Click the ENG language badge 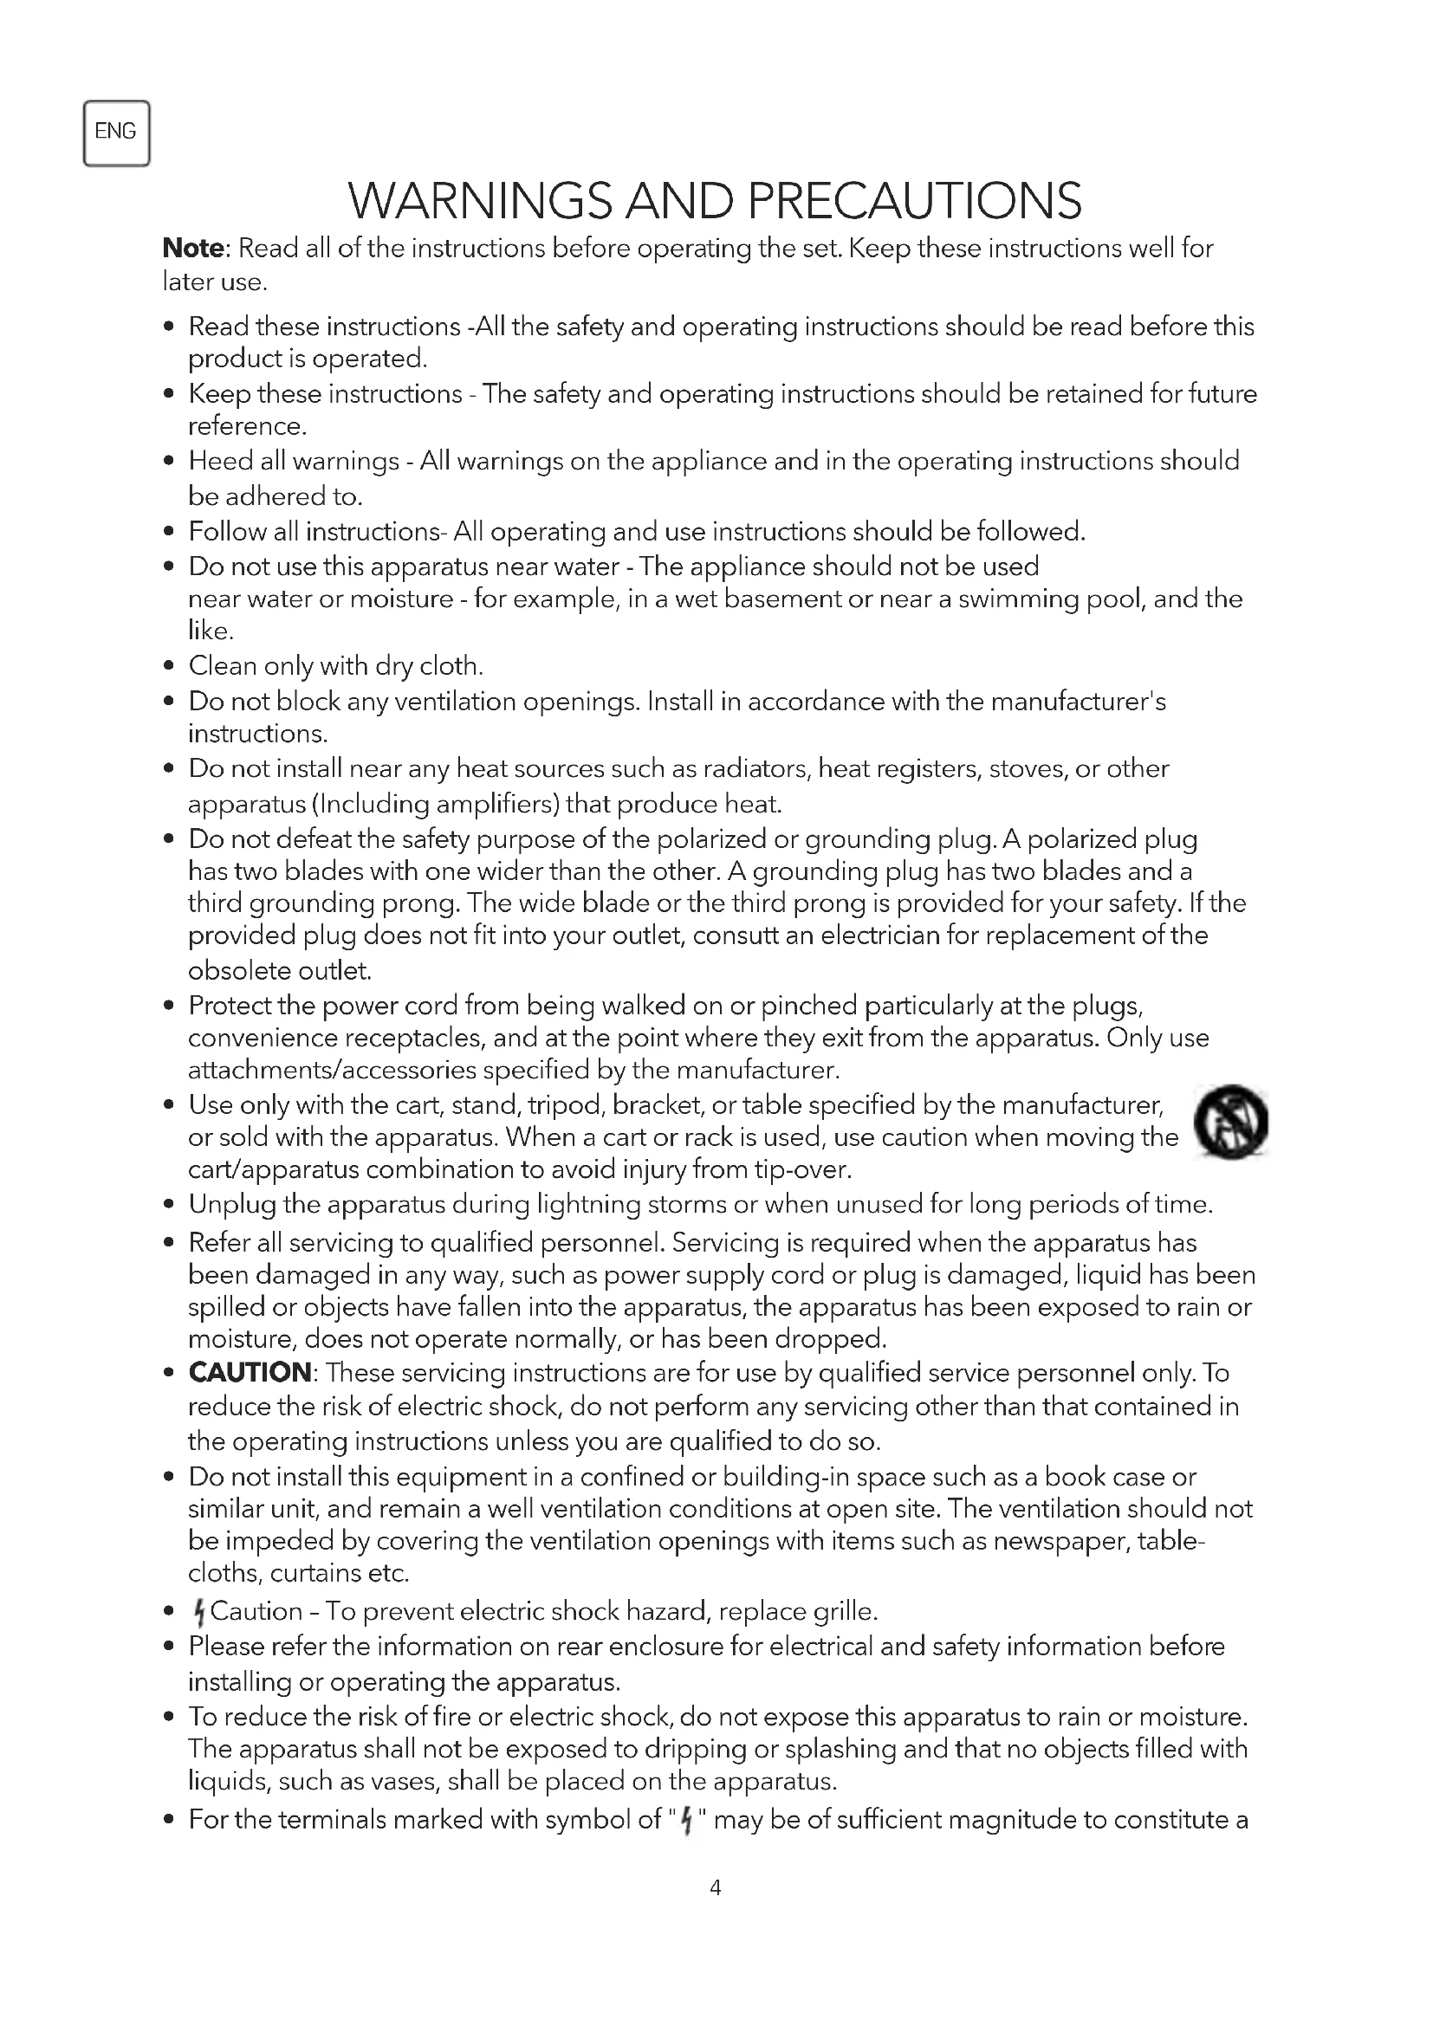pos(115,133)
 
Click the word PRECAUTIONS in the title pos(914,201)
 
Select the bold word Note pos(193,249)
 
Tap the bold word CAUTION pos(250,1373)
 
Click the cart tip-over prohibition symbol pos(1231,1122)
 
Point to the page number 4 pos(715,1887)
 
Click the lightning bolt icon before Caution pos(198,1613)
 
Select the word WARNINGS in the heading pos(480,201)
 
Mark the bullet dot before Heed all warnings pos(169,462)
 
